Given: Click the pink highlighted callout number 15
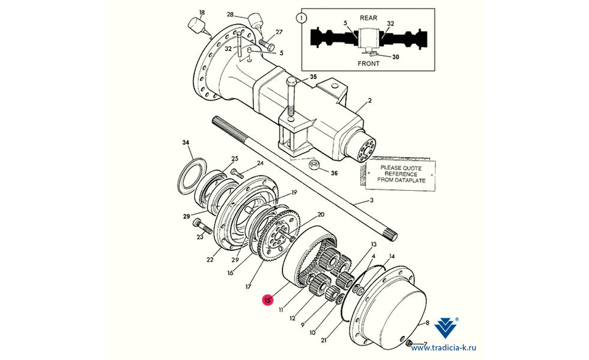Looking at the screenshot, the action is click(267, 300).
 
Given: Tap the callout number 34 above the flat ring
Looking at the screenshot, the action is click(186, 143).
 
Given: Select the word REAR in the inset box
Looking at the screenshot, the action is click(368, 18).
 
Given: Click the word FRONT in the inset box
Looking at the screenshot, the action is click(368, 63).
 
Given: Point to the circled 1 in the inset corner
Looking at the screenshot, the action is click(301, 18).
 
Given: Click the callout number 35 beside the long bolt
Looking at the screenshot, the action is click(313, 77).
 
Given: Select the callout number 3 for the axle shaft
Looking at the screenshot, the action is click(372, 200).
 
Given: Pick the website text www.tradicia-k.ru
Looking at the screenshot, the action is click(443, 348).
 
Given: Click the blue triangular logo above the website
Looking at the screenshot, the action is click(446, 328).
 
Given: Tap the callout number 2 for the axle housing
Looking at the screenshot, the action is click(370, 101).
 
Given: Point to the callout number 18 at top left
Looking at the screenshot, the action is click(202, 13).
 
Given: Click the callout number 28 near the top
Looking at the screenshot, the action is click(230, 15).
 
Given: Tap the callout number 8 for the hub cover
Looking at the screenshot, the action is click(427, 323).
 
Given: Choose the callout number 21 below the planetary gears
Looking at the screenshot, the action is click(324, 340).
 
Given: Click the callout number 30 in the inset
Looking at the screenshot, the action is click(396, 57).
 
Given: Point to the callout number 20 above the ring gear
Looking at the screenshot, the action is click(320, 215).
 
